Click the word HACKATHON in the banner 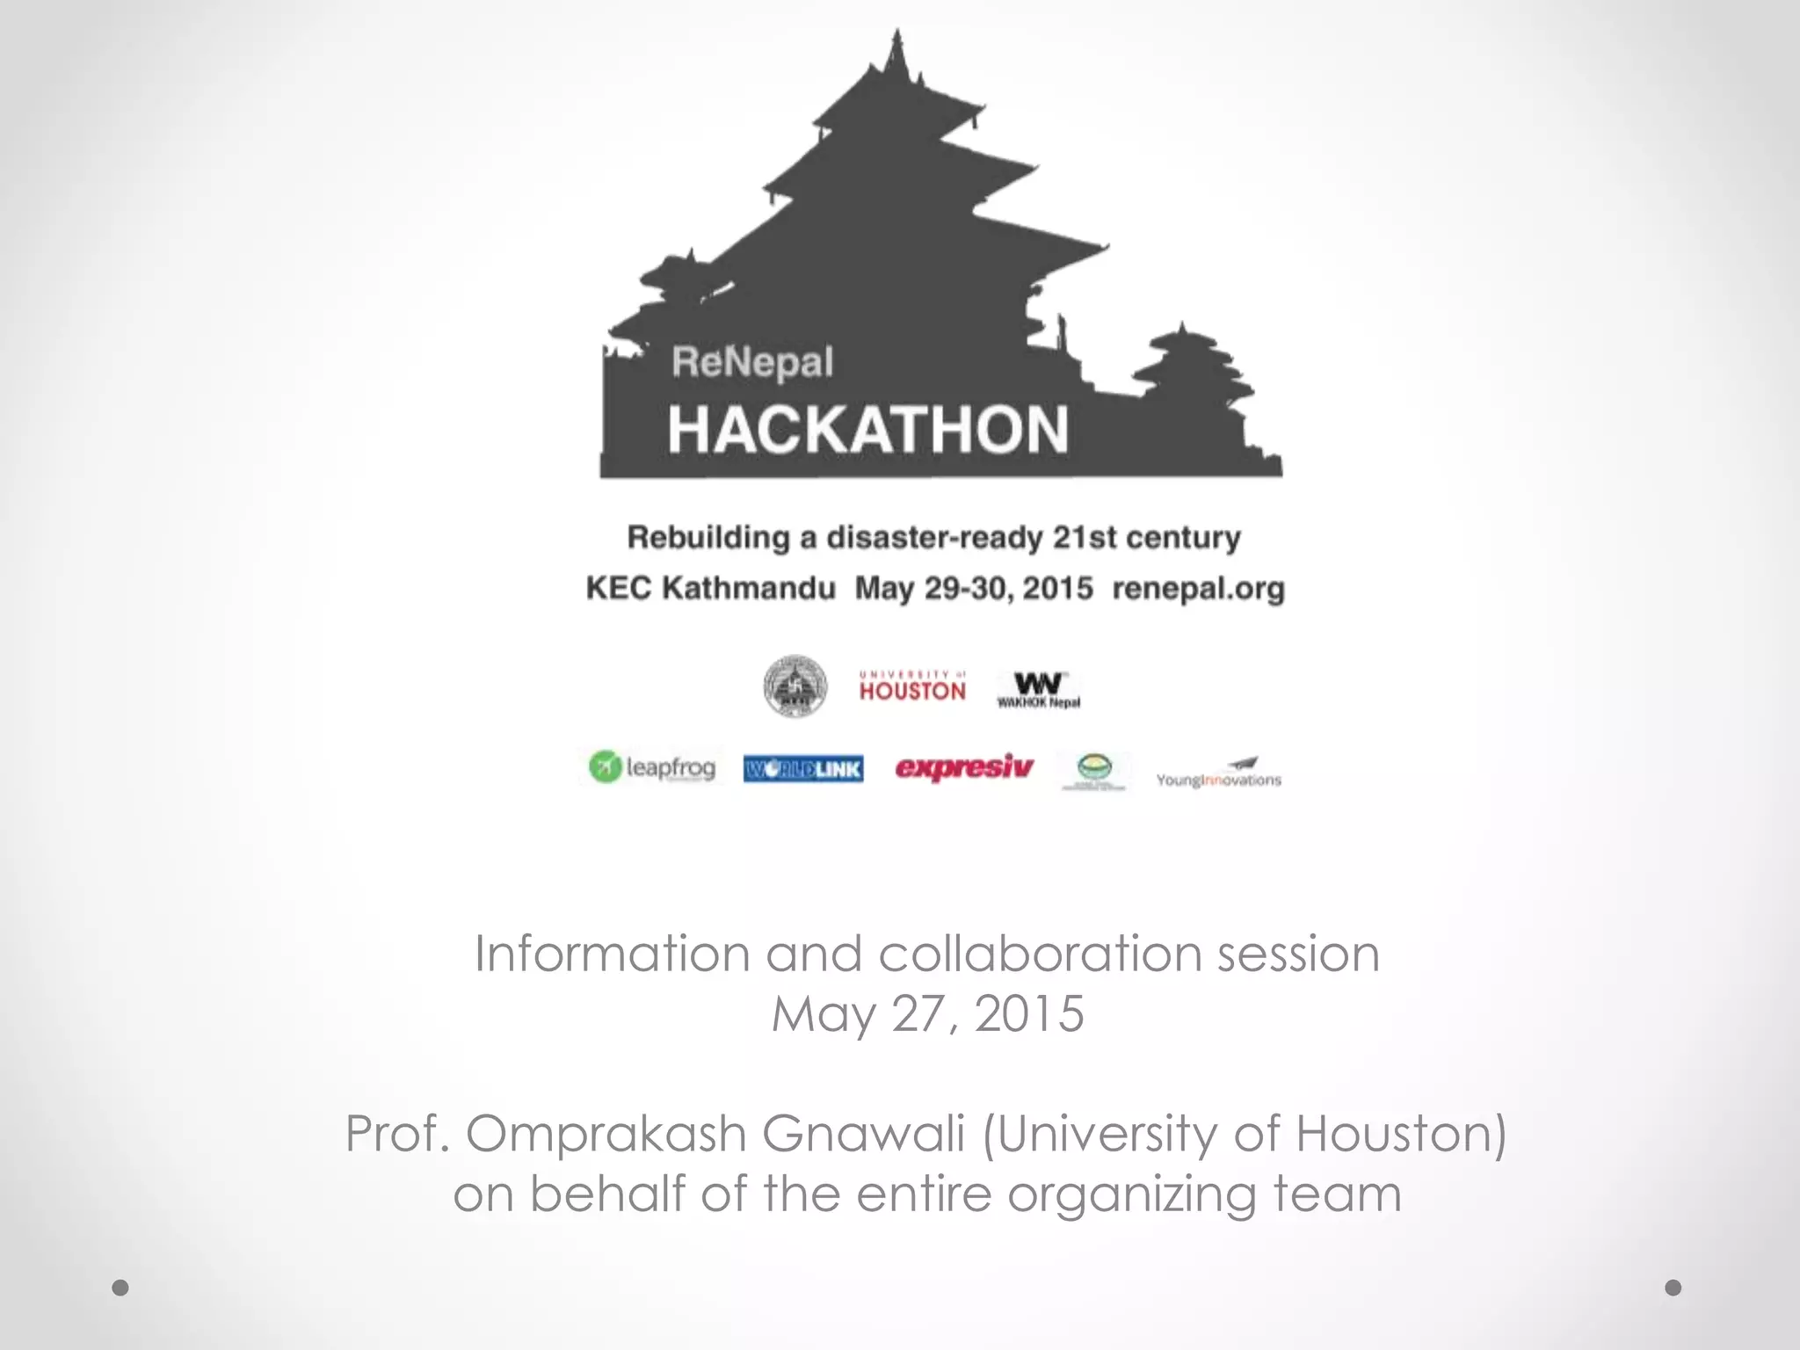coord(867,430)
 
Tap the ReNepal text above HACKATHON coord(752,362)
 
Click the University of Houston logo coord(912,687)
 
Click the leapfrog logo coord(652,767)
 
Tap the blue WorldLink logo coord(803,769)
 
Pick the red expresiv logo coord(964,767)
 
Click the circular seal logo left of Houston coord(795,686)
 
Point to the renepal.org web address coord(1198,588)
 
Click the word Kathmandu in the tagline coord(748,588)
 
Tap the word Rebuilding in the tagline coord(708,537)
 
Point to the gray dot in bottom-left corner coord(120,1288)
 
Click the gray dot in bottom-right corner coord(1673,1288)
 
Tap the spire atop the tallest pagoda coord(897,53)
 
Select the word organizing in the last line coord(1132,1195)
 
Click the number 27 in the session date coord(924,1014)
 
